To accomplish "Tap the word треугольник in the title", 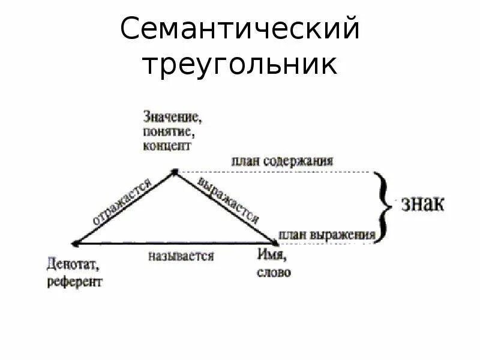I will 240,65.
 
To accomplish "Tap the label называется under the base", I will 181,256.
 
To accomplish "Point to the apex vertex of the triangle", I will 174,172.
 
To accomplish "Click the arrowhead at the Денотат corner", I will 74,242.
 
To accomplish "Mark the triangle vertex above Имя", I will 277,242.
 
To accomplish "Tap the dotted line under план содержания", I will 276,172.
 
